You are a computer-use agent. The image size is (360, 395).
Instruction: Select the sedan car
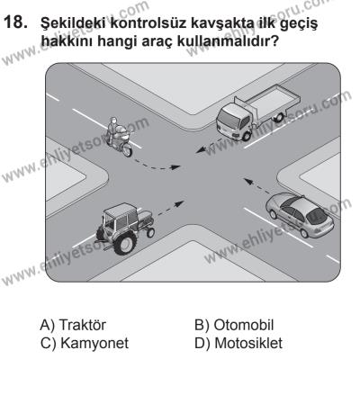[x=297, y=219]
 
